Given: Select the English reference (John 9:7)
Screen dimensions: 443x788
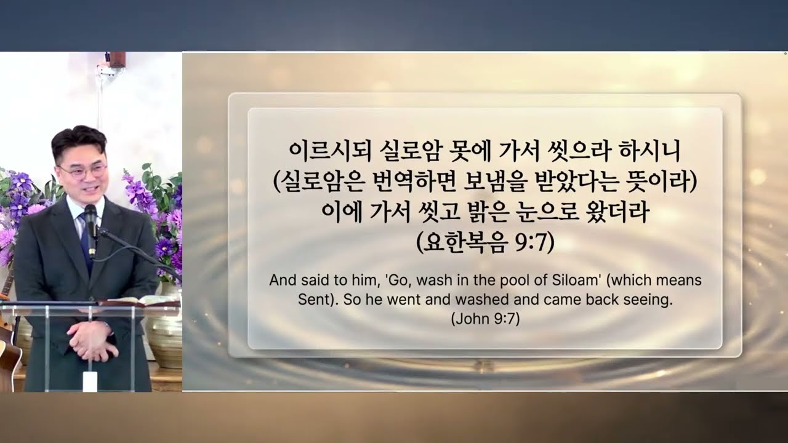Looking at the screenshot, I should pyautogui.click(x=485, y=320).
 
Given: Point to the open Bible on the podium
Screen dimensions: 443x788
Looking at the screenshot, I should pyautogui.click(x=139, y=301).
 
